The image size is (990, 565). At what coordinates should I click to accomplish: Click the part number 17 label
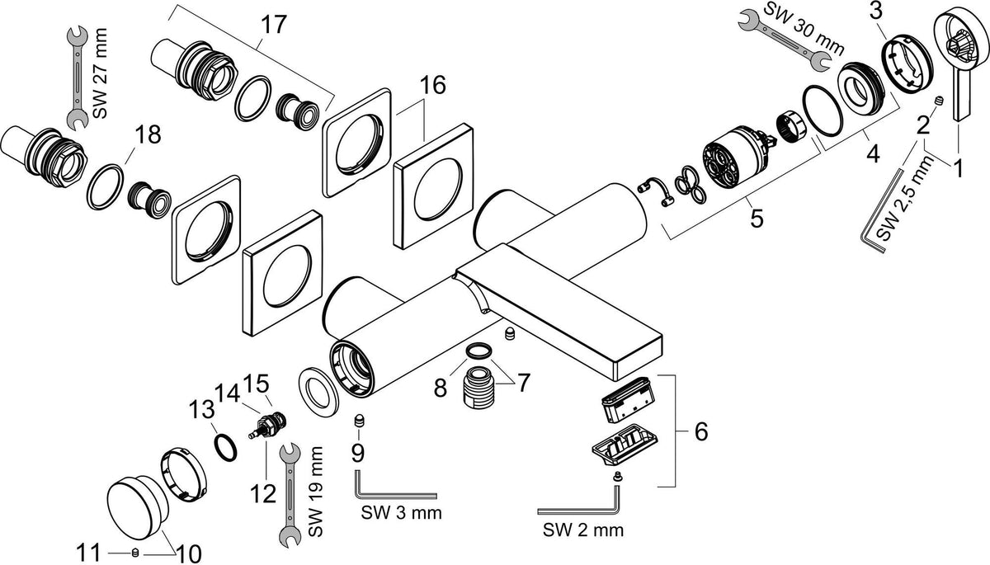[x=274, y=25]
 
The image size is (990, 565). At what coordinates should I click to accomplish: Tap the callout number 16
[x=432, y=85]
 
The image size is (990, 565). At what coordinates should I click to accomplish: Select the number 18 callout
[x=148, y=134]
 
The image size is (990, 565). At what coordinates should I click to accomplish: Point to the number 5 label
[x=757, y=219]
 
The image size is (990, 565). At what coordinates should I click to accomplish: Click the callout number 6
[x=701, y=431]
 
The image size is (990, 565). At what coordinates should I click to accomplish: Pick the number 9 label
[x=357, y=453]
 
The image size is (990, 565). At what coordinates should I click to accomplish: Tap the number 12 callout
[x=263, y=493]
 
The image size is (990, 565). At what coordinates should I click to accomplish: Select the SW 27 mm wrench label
[x=100, y=73]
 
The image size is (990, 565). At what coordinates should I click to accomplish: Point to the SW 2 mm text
[x=583, y=530]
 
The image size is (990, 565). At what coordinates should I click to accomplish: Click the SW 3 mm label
[x=401, y=512]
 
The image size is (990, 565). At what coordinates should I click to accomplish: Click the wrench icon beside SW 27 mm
[x=78, y=78]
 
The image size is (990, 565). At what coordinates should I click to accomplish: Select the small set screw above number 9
[x=361, y=421]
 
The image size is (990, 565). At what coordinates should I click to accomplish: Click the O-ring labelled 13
[x=225, y=449]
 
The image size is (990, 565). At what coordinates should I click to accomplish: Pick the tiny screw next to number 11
[x=135, y=552]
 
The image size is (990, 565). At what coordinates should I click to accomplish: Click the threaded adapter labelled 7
[x=478, y=384]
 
